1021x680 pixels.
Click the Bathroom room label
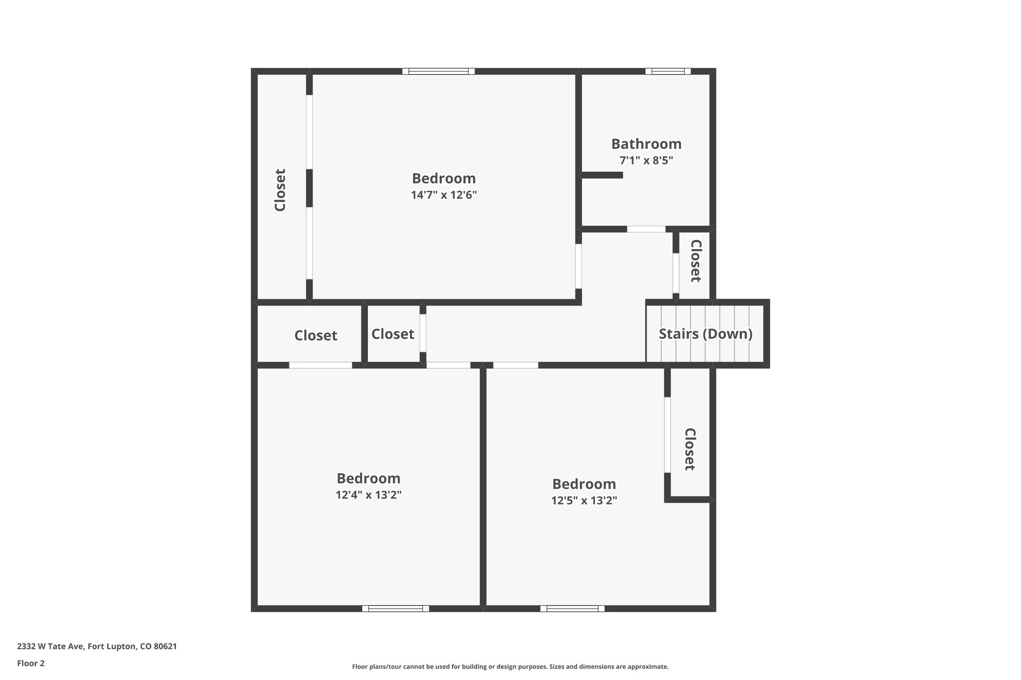pyautogui.click(x=646, y=144)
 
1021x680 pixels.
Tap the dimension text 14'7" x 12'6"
pyautogui.click(x=444, y=195)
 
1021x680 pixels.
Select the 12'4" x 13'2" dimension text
pyautogui.click(x=368, y=495)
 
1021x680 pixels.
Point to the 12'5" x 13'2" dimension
pyautogui.click(x=584, y=500)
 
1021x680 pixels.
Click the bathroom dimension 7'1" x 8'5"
pyautogui.click(x=646, y=160)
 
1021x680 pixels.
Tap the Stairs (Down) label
pyautogui.click(x=705, y=334)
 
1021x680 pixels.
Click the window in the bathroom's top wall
pyautogui.click(x=668, y=71)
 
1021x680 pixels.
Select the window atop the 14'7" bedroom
pyautogui.click(x=438, y=71)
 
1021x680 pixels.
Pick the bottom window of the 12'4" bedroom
pyautogui.click(x=395, y=608)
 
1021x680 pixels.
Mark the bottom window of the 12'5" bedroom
pyautogui.click(x=572, y=608)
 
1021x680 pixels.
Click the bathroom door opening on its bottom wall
pyautogui.click(x=646, y=229)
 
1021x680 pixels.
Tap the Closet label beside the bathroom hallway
pyautogui.click(x=695, y=261)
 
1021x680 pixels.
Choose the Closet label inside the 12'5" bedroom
pyautogui.click(x=689, y=449)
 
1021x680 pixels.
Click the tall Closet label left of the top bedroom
pyautogui.click(x=280, y=190)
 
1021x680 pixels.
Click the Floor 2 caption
pyautogui.click(x=31, y=663)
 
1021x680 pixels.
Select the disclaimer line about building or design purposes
pyautogui.click(x=510, y=667)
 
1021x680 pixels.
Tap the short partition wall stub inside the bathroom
pyautogui.click(x=602, y=175)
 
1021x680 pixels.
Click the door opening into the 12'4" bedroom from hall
pyautogui.click(x=448, y=365)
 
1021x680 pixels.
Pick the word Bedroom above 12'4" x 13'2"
pyautogui.click(x=368, y=479)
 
